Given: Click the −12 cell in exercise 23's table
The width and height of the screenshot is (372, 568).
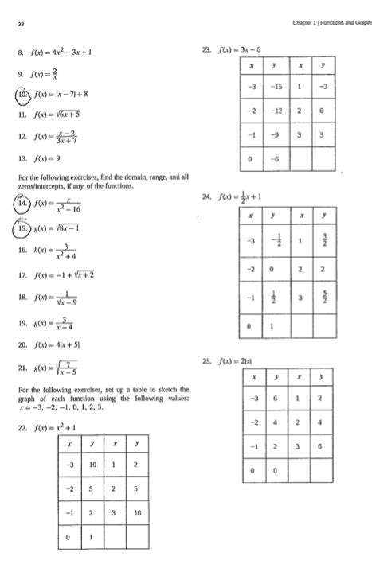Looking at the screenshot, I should [x=276, y=111].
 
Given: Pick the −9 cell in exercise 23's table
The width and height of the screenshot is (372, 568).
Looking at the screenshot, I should [x=276, y=135].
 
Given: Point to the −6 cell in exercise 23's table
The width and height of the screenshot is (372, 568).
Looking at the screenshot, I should [x=276, y=160].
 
